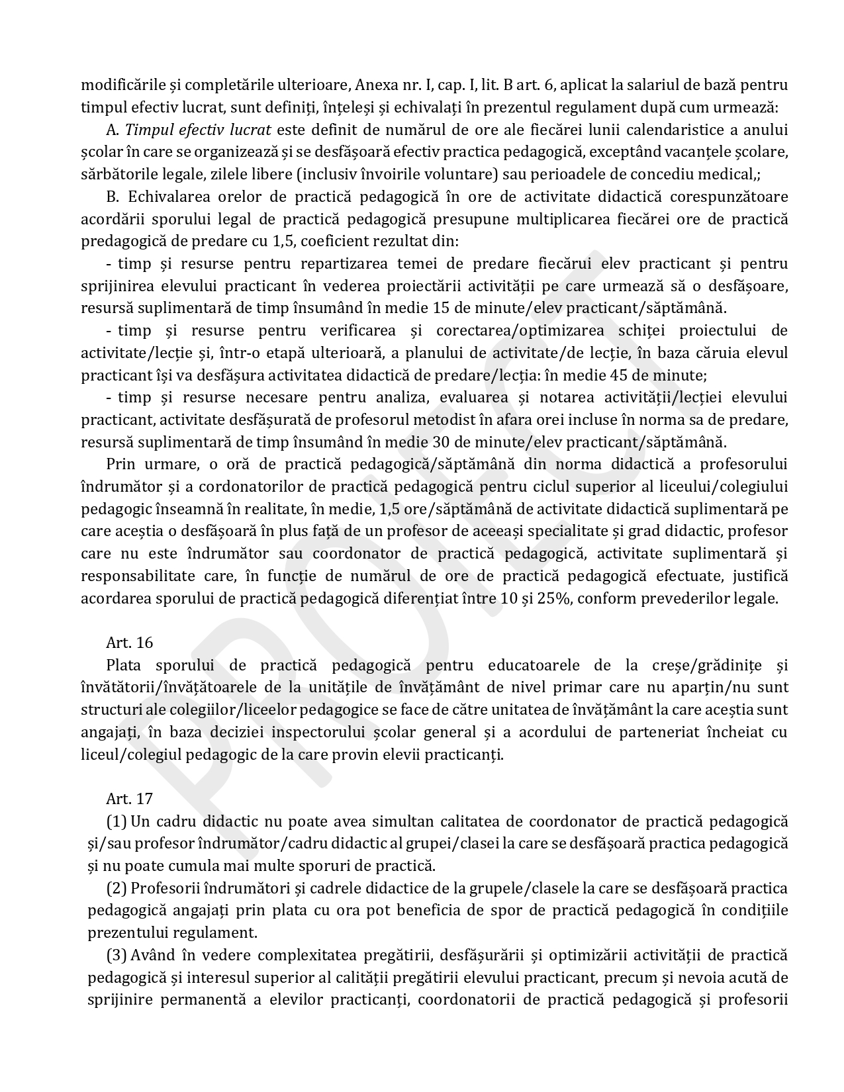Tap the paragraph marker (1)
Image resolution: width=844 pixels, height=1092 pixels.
[x=117, y=821]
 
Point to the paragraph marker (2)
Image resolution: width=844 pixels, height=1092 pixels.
[x=117, y=888]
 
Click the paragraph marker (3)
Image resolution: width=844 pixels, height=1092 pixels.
[x=117, y=955]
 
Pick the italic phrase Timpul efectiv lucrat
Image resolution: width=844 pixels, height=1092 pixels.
[x=199, y=130]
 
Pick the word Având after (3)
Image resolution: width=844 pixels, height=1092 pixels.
[x=152, y=955]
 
